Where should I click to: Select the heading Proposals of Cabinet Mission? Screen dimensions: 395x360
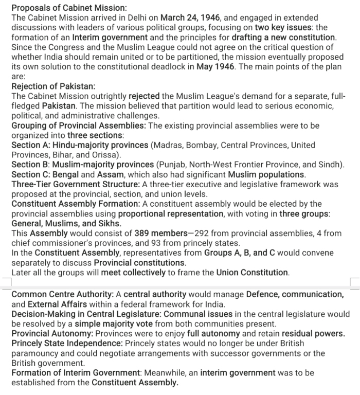69,8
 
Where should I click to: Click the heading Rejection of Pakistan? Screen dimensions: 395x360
53,86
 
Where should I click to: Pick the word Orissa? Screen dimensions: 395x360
105,155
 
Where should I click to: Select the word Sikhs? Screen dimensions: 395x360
109,224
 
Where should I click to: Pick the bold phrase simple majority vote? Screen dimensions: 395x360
118,324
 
